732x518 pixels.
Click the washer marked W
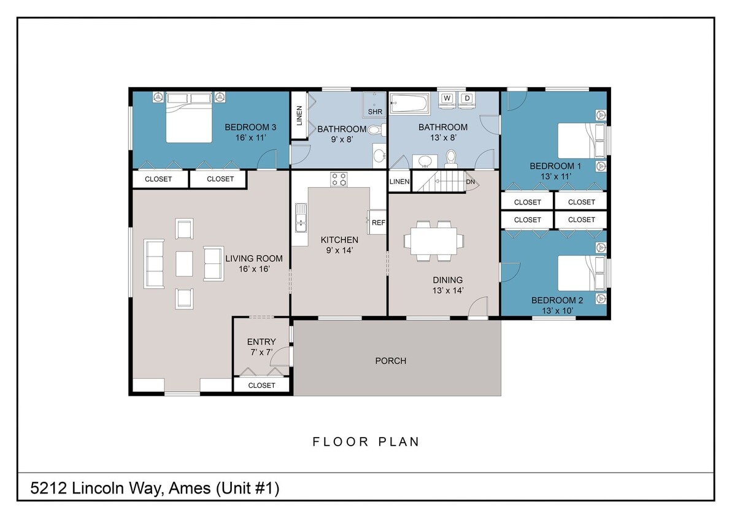click(x=447, y=99)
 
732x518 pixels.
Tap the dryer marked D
click(x=467, y=99)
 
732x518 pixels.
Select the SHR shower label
click(x=374, y=112)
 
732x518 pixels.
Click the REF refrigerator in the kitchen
click(x=378, y=222)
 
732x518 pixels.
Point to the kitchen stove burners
click(x=339, y=179)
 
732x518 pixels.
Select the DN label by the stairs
click(x=471, y=182)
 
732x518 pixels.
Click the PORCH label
click(x=391, y=361)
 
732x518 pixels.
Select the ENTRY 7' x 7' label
click(x=261, y=347)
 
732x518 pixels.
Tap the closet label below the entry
click(x=261, y=385)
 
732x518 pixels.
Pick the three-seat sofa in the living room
click(x=154, y=264)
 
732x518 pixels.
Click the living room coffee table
click(x=184, y=264)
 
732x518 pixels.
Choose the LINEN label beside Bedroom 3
click(x=299, y=115)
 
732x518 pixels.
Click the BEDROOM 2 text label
click(x=557, y=300)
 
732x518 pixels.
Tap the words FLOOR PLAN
click(x=366, y=442)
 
